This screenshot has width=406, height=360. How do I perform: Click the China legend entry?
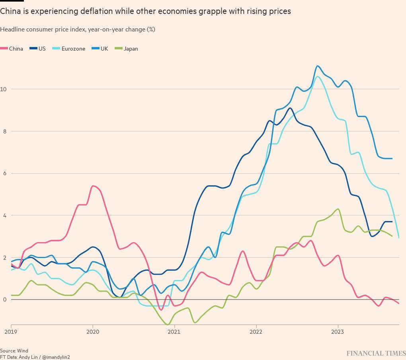(16, 49)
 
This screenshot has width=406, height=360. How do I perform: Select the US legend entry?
(42, 49)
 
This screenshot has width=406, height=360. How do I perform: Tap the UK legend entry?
(104, 49)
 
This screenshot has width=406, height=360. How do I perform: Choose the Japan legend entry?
(131, 49)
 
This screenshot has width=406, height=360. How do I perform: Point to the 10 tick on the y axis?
(4, 89)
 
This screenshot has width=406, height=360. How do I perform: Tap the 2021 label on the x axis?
(174, 331)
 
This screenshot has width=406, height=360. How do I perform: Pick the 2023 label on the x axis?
(338, 331)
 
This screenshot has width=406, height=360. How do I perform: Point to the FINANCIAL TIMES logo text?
(376, 353)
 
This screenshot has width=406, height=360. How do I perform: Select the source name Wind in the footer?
(23, 351)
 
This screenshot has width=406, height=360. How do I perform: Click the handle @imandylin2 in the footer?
(56, 357)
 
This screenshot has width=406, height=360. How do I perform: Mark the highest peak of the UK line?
(317, 66)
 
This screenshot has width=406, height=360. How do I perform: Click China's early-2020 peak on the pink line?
(93, 186)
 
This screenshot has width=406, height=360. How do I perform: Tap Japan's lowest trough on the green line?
(168, 325)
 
